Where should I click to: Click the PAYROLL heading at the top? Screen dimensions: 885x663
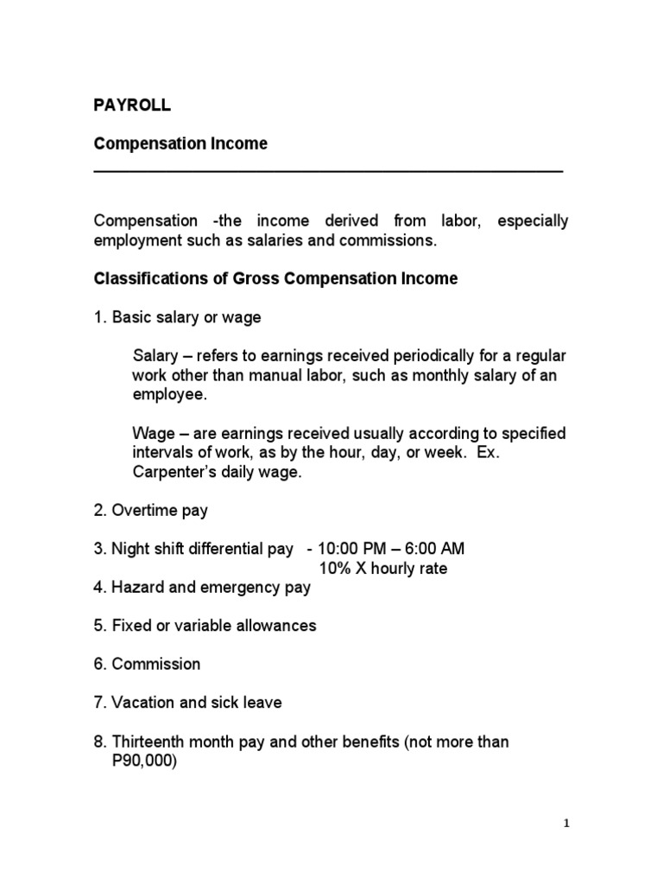tap(132, 105)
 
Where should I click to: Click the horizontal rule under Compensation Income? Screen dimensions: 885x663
tap(328, 172)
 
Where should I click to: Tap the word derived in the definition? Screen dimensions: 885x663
tap(361, 220)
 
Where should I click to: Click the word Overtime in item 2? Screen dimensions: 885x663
tap(142, 511)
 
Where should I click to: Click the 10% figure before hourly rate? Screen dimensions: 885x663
tap(335, 569)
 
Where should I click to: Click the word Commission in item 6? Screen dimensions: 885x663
tap(155, 664)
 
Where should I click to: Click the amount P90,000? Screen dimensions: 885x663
tap(145, 761)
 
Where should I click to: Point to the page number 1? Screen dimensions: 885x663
tap(567, 825)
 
